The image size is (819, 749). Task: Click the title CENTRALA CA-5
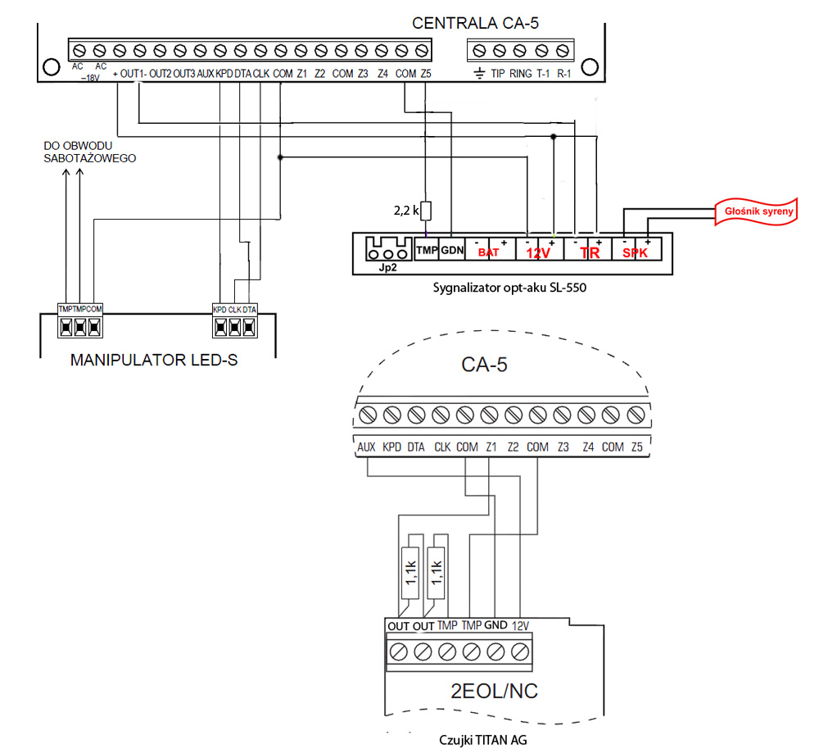pyautogui.click(x=475, y=23)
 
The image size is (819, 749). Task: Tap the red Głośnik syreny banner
pyautogui.click(x=758, y=211)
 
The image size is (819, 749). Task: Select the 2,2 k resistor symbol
pyautogui.click(x=426, y=211)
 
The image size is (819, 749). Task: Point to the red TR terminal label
pyautogui.click(x=590, y=253)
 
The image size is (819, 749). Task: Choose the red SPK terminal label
pyautogui.click(x=635, y=253)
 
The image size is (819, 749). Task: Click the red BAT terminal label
pyautogui.click(x=488, y=253)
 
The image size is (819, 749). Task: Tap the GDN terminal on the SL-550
pyautogui.click(x=452, y=251)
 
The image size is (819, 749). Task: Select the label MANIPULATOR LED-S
pyautogui.click(x=154, y=360)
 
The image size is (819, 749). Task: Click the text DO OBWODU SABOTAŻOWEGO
pyautogui.click(x=90, y=152)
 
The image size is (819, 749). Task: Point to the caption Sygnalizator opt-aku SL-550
pyautogui.click(x=509, y=288)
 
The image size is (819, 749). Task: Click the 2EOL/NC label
pyautogui.click(x=494, y=691)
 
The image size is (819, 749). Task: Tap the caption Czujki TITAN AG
pyautogui.click(x=482, y=740)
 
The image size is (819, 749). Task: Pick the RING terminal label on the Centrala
pyautogui.click(x=520, y=74)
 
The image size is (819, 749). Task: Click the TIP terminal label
pyautogui.click(x=498, y=74)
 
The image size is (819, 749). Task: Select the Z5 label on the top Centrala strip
pyautogui.click(x=426, y=74)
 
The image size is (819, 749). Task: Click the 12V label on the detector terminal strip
pyautogui.click(x=520, y=625)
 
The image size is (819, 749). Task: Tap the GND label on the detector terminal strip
pyautogui.click(x=495, y=625)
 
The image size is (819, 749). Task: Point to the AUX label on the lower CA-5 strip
pyautogui.click(x=366, y=447)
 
